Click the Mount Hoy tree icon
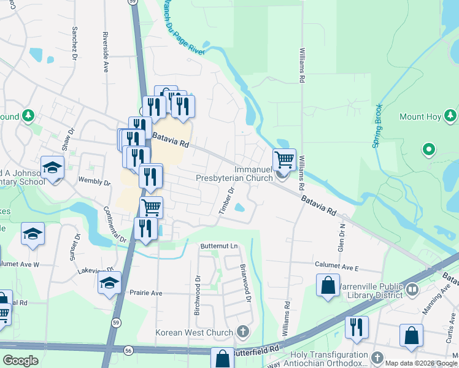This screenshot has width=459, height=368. click(x=451, y=115)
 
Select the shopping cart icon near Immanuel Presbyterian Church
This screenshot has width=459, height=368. click(x=284, y=159)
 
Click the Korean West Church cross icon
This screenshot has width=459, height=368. click(x=243, y=332)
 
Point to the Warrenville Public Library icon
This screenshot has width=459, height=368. click(x=412, y=288)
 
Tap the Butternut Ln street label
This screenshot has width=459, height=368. click(x=219, y=246)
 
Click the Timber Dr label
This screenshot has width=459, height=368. click(x=227, y=201)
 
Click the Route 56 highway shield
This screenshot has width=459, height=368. click(x=128, y=349)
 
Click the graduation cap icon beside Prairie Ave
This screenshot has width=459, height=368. click(x=110, y=283)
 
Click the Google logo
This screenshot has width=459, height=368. click(x=20, y=361)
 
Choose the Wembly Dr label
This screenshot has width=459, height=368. click(x=94, y=182)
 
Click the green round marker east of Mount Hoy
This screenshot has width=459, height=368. click(x=429, y=149)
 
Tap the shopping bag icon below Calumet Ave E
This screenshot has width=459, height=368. click(x=328, y=285)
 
